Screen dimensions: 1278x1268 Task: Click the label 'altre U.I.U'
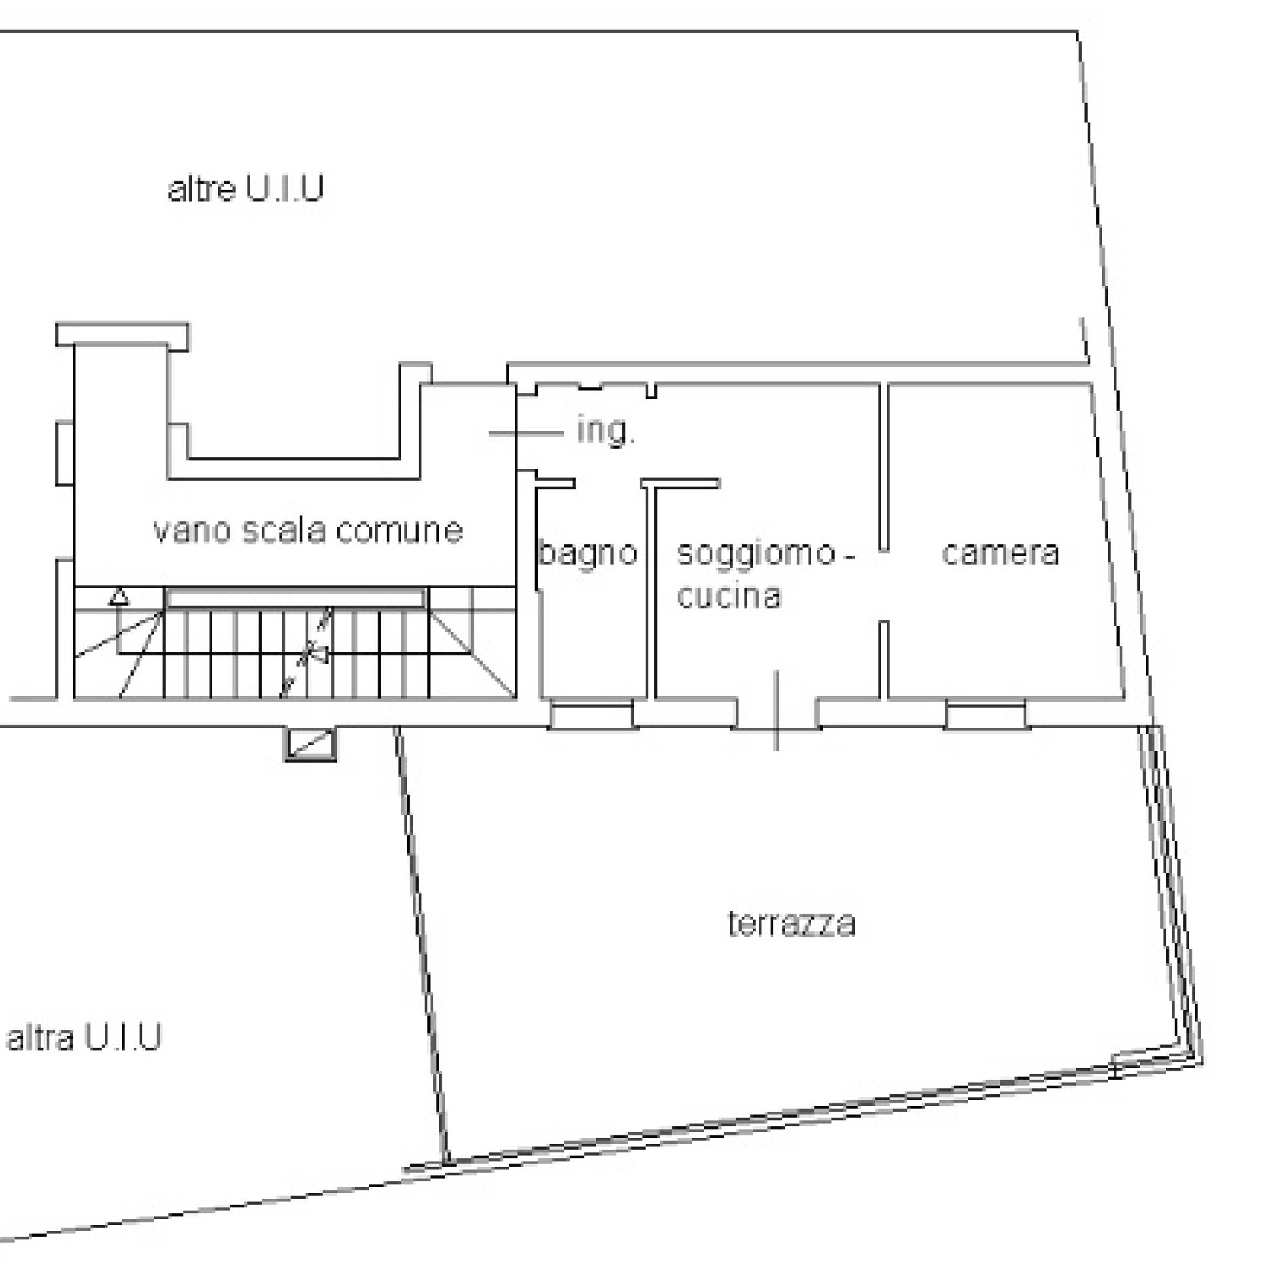point(246,188)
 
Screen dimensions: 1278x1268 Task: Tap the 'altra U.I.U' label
point(84,1037)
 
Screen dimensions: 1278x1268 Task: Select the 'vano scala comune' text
point(308,530)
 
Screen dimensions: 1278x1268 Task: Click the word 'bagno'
point(588,554)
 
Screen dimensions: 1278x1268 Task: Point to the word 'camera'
point(1000,553)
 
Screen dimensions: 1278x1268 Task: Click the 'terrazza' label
point(791,923)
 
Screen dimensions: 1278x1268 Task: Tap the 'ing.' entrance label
point(606,431)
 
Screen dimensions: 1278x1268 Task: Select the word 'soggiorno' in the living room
point(755,554)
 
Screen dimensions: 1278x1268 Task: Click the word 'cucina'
point(728,596)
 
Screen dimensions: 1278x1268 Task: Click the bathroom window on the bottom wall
point(592,716)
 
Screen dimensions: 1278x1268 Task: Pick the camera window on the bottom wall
point(986,716)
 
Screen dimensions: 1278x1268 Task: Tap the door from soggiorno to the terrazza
point(777,712)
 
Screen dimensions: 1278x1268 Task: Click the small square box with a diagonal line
point(311,744)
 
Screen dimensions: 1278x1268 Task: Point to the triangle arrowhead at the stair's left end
point(119,596)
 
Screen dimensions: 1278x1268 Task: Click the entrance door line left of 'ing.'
point(526,433)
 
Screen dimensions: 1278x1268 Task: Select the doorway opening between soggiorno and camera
point(884,586)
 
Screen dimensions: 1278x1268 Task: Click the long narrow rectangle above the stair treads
point(295,598)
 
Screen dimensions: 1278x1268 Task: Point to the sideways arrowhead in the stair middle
point(320,655)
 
